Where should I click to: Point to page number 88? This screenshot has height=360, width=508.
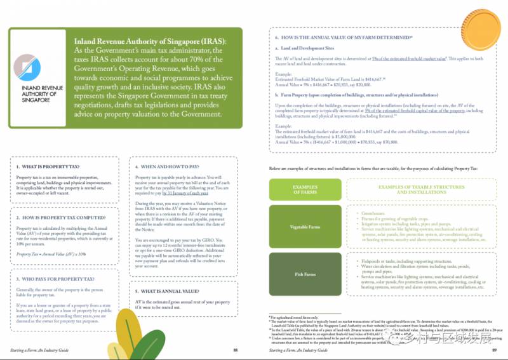pos(236,350)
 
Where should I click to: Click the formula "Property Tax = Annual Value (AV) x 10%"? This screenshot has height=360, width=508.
pos(51,253)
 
